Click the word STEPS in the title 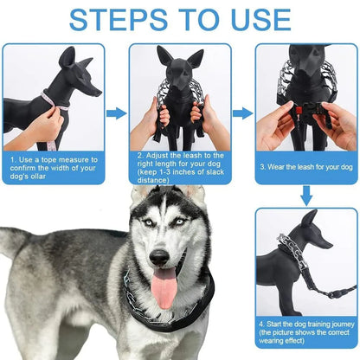point(119,20)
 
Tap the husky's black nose point(159,257)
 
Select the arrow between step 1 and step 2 point(117,113)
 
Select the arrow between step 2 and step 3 point(243,113)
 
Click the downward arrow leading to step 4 point(306,196)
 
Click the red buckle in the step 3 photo point(299,110)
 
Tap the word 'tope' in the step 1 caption point(49,160)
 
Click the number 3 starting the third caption point(262,167)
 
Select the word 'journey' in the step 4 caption point(343,325)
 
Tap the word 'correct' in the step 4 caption point(338,332)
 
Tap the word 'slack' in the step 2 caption point(215,172)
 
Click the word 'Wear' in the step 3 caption point(276,167)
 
